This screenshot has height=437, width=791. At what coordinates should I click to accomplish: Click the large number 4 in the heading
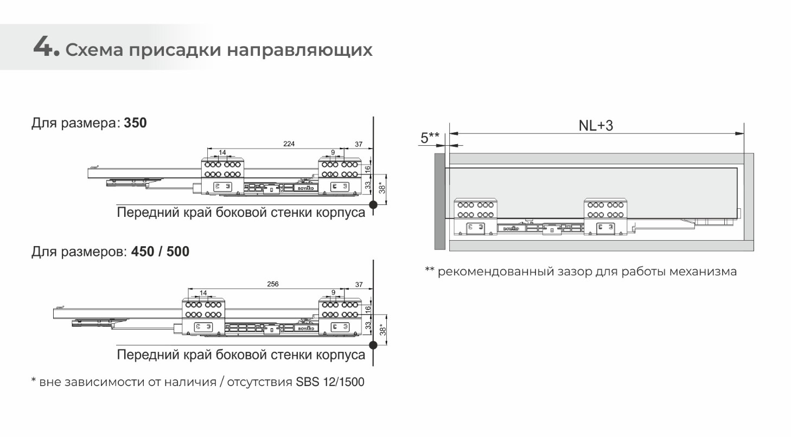click(x=43, y=47)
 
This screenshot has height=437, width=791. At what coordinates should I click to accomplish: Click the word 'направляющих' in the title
click(x=299, y=50)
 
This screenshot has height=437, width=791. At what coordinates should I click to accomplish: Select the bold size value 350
click(x=135, y=123)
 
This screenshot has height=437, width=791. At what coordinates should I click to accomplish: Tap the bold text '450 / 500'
click(x=161, y=252)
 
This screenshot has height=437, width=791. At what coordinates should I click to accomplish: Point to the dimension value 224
click(x=289, y=144)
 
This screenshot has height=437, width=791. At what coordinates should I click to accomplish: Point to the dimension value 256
click(x=272, y=284)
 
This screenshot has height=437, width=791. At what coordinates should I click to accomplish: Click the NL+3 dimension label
click(x=596, y=125)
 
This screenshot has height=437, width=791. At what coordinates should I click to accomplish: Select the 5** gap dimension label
click(x=430, y=138)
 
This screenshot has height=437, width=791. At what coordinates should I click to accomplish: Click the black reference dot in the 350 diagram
click(x=373, y=205)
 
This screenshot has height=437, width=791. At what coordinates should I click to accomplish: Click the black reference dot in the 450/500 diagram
click(x=373, y=345)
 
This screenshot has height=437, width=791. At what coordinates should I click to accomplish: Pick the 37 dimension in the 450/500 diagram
click(x=359, y=285)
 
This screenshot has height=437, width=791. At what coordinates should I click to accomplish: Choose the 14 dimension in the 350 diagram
click(x=222, y=152)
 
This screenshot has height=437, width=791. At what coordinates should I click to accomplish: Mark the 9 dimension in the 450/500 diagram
click(x=333, y=292)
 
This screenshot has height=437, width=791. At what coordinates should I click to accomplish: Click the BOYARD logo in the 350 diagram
click(x=306, y=188)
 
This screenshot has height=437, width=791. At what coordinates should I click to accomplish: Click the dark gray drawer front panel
click(x=439, y=202)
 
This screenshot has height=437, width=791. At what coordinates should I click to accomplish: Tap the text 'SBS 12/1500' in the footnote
click(x=330, y=382)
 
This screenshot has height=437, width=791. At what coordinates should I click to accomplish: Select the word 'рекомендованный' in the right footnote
click(x=496, y=272)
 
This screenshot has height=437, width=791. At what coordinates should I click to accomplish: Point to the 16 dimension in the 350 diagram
click(x=368, y=169)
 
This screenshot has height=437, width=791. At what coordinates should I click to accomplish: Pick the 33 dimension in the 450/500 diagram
click(x=368, y=325)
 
